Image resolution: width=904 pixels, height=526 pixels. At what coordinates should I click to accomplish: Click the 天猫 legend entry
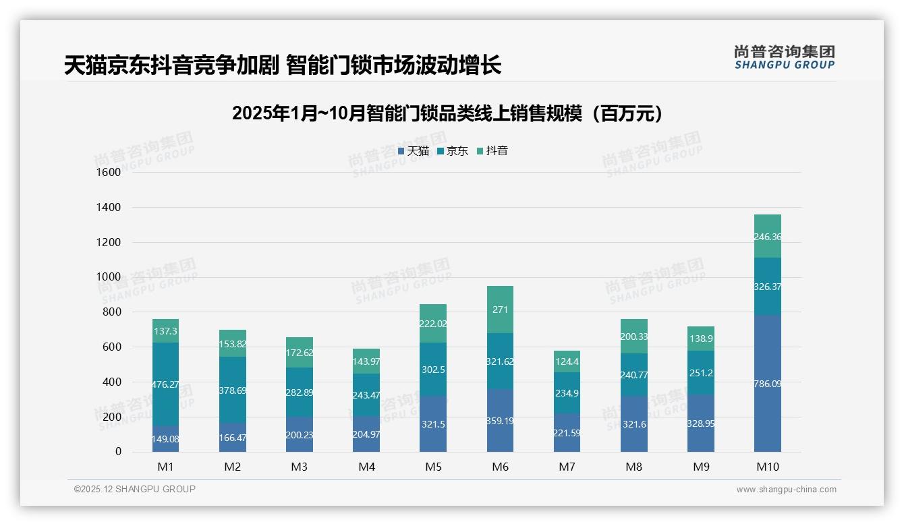pos(414,151)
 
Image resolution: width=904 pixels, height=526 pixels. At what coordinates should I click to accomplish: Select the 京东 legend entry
pos(453,151)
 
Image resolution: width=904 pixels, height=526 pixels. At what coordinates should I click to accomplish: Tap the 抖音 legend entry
pos(492,151)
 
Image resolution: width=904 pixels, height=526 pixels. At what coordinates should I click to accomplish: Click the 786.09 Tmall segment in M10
pos(768,384)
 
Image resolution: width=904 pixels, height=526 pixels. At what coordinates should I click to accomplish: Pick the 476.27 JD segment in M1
pos(165,384)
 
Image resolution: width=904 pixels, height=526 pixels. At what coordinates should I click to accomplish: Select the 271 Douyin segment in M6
pos(500,310)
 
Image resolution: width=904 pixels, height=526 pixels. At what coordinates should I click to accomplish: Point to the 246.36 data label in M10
pos(768,237)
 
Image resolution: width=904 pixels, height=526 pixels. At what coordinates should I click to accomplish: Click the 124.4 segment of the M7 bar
pos(567,361)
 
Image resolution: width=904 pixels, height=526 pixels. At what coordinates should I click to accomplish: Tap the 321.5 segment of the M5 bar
pos(432,423)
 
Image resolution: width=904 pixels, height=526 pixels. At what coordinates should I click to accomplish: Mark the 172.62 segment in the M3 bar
pos(299,353)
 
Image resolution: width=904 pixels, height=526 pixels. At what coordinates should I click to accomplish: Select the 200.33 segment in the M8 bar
pos(633,337)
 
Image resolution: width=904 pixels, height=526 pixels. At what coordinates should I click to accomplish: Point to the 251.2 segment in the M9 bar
pos(700,372)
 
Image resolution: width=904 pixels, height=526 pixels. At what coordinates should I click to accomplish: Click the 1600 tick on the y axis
pos(108,172)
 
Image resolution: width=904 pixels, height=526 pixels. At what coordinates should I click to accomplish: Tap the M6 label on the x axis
pos(500,467)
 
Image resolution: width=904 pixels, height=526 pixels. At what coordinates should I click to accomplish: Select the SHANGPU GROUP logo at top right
pos(784,57)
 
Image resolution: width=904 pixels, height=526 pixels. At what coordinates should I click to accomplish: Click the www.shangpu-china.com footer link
pos(786,490)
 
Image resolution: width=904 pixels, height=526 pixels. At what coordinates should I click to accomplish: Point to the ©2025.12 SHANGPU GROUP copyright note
pos(135,489)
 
